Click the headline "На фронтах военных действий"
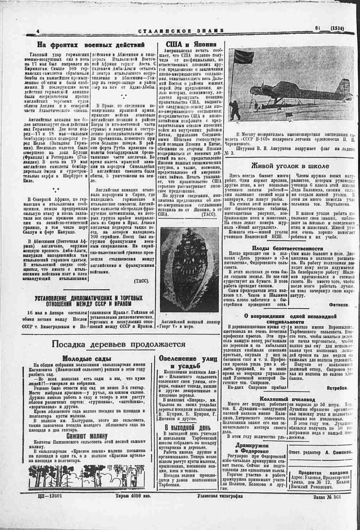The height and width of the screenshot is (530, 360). click(x=90, y=45)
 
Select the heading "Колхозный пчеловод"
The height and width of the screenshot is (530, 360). click(x=287, y=399)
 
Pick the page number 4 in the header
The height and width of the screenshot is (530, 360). click(x=38, y=30)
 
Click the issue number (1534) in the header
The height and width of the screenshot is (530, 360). click(x=337, y=28)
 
